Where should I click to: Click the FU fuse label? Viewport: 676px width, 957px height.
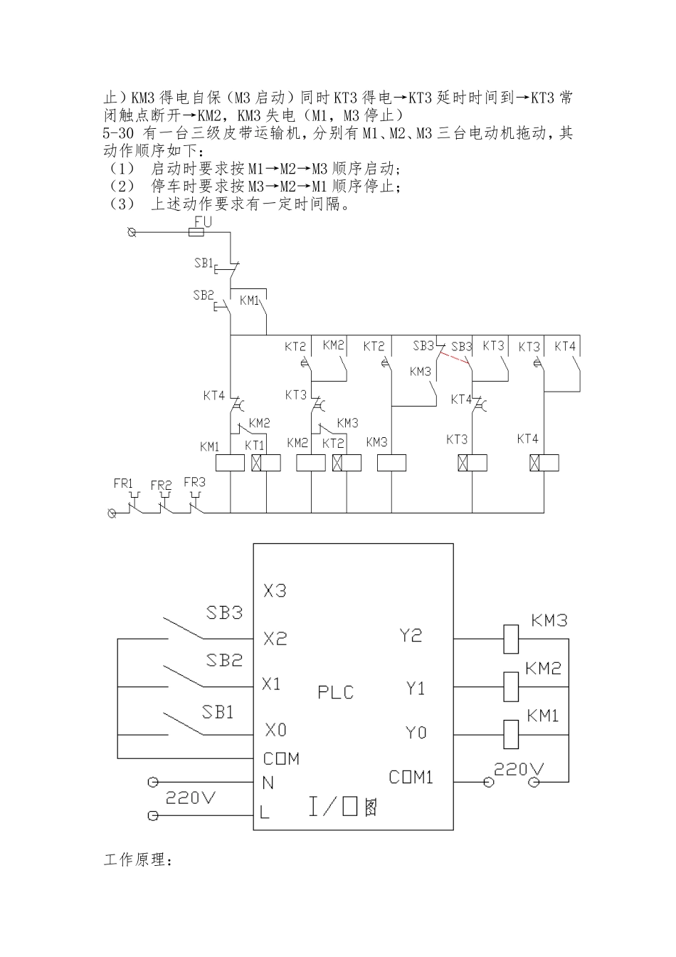click(203, 221)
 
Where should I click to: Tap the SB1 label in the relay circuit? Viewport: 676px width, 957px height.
click(204, 263)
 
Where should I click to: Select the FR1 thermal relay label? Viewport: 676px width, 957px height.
click(124, 483)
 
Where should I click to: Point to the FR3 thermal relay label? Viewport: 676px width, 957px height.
click(194, 482)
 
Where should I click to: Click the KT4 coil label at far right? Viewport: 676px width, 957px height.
click(527, 439)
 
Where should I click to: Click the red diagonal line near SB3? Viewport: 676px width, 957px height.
click(454, 359)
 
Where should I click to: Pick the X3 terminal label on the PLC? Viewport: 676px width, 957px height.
click(275, 591)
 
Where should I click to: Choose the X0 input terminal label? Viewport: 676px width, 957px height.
click(275, 730)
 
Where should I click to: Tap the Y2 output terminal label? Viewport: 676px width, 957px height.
click(411, 635)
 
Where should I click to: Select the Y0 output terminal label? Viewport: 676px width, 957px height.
click(416, 732)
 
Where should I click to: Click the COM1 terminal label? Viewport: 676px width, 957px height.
click(411, 777)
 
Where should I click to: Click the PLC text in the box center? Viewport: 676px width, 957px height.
click(335, 692)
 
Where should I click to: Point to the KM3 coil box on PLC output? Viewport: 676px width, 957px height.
click(510, 639)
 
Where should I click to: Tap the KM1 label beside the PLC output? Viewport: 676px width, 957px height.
click(543, 716)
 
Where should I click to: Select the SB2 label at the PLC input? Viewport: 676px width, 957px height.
click(224, 660)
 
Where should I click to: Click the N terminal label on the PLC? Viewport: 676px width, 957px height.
click(268, 783)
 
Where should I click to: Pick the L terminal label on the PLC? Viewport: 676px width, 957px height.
click(265, 812)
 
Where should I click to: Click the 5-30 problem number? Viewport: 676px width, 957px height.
click(120, 133)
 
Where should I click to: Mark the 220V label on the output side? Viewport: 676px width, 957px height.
click(519, 769)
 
